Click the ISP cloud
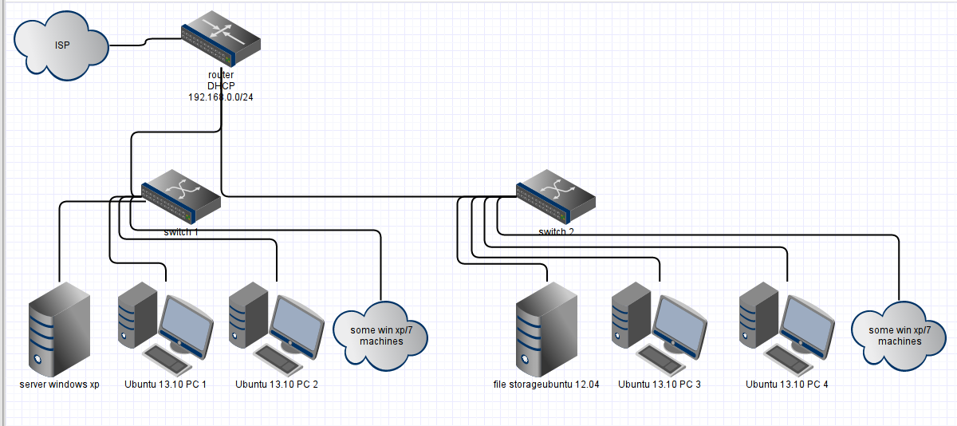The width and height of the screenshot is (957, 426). (x=61, y=46)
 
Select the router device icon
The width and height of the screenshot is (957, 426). (x=221, y=40)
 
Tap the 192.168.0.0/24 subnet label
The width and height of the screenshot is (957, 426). (x=221, y=97)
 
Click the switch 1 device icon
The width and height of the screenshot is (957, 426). (x=181, y=197)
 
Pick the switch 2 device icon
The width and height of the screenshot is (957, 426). (x=556, y=197)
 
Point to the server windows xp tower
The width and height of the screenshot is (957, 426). (x=59, y=329)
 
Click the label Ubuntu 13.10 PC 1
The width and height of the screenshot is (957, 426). (x=165, y=385)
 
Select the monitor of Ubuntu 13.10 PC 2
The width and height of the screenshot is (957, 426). (x=297, y=325)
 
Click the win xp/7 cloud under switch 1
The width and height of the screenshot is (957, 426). (x=380, y=336)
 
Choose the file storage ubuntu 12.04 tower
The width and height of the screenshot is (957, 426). (x=546, y=329)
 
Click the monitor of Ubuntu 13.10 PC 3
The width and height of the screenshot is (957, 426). (x=679, y=325)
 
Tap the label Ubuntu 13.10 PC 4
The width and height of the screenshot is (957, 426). (x=787, y=385)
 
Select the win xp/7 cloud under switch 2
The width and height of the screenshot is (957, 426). (x=899, y=336)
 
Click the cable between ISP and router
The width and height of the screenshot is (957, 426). (x=146, y=41)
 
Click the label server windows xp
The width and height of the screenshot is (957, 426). (x=59, y=385)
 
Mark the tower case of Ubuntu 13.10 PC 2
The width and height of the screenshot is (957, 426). (x=248, y=314)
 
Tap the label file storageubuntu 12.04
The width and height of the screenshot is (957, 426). (x=546, y=385)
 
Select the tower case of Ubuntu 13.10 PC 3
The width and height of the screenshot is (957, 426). (x=631, y=314)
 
